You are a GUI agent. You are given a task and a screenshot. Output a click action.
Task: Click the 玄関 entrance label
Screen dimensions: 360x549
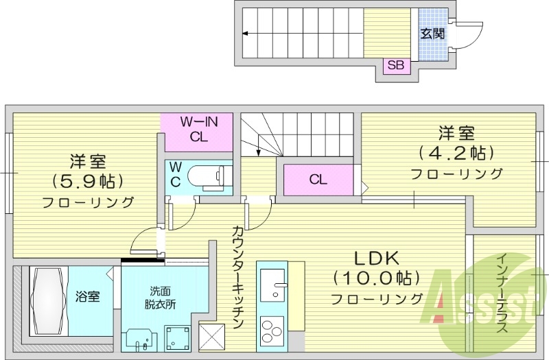point(431,34)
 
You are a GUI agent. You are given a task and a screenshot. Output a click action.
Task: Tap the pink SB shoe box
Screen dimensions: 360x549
point(396,66)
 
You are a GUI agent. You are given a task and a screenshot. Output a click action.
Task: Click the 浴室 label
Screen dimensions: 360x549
point(87,297)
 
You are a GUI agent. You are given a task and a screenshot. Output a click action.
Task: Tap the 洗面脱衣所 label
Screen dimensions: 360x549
point(160,297)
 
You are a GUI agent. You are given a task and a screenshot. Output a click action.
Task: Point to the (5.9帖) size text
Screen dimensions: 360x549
point(86,182)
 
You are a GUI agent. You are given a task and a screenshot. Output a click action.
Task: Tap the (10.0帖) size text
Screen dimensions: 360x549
point(376,279)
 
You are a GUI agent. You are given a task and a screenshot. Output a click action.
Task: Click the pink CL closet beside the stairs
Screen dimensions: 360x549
point(317,180)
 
